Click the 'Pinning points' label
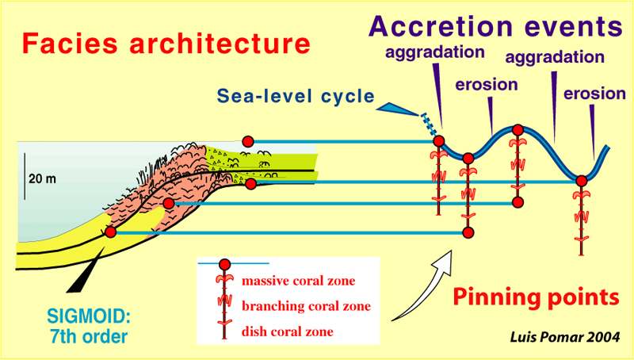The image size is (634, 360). pyautogui.click(x=535, y=298)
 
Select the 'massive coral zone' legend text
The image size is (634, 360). pyautogui.click(x=298, y=281)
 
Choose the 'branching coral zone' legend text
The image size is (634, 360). pyautogui.click(x=306, y=305)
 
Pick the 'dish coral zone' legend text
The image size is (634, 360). pyautogui.click(x=288, y=331)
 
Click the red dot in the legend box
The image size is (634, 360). pyautogui.click(x=224, y=264)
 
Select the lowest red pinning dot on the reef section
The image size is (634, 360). pyautogui.click(x=110, y=232)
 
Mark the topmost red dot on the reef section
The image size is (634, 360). pyautogui.click(x=246, y=141)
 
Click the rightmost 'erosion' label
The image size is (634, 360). pyautogui.click(x=594, y=94)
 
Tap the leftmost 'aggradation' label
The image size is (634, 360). pyautogui.click(x=434, y=54)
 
